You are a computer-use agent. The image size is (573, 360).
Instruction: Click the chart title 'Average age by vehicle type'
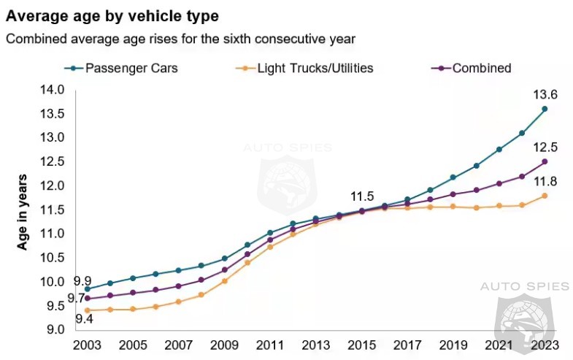pyautogui.click(x=112, y=15)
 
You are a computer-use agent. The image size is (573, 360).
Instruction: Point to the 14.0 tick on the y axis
pyautogui.click(x=55, y=89)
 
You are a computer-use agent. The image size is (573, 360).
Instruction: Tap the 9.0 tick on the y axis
pyautogui.click(x=56, y=329)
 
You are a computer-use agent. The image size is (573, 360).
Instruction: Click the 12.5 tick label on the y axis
pyautogui.click(x=55, y=161)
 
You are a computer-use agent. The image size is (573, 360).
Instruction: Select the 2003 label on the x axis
pyautogui.click(x=87, y=344)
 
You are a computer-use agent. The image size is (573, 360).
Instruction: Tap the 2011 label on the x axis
pyautogui.click(x=269, y=344)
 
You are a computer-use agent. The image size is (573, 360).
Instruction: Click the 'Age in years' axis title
pyautogui.click(x=23, y=212)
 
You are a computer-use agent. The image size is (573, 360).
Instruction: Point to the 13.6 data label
pyautogui.click(x=545, y=95)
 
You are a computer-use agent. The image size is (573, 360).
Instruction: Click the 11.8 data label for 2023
pyautogui.click(x=545, y=181)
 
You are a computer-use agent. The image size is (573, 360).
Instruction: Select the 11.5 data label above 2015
pyautogui.click(x=362, y=196)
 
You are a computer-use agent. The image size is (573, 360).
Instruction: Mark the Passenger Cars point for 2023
pyautogui.click(x=545, y=109)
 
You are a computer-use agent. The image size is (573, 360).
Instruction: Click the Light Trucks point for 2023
pyautogui.click(x=545, y=196)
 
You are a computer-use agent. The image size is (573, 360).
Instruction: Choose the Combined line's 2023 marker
pyautogui.click(x=545, y=161)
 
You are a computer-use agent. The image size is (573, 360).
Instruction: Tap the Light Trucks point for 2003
pyautogui.click(x=87, y=310)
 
